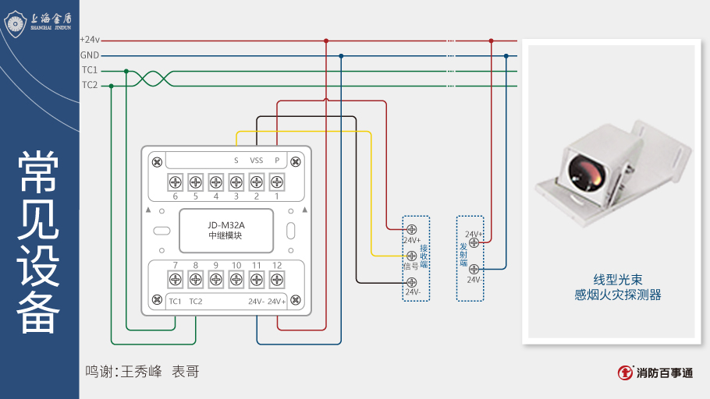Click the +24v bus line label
coord(90,40)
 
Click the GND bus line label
coord(90,55)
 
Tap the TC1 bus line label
coord(90,70)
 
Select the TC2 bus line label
coord(90,85)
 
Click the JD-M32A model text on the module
coord(226,225)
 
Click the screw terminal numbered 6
coord(176,183)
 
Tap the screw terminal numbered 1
coord(276,183)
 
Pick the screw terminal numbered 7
coord(176,279)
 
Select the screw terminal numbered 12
coord(276,279)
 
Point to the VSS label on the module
coord(256,161)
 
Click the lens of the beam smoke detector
coord(585,171)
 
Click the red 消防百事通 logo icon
coord(625,373)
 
